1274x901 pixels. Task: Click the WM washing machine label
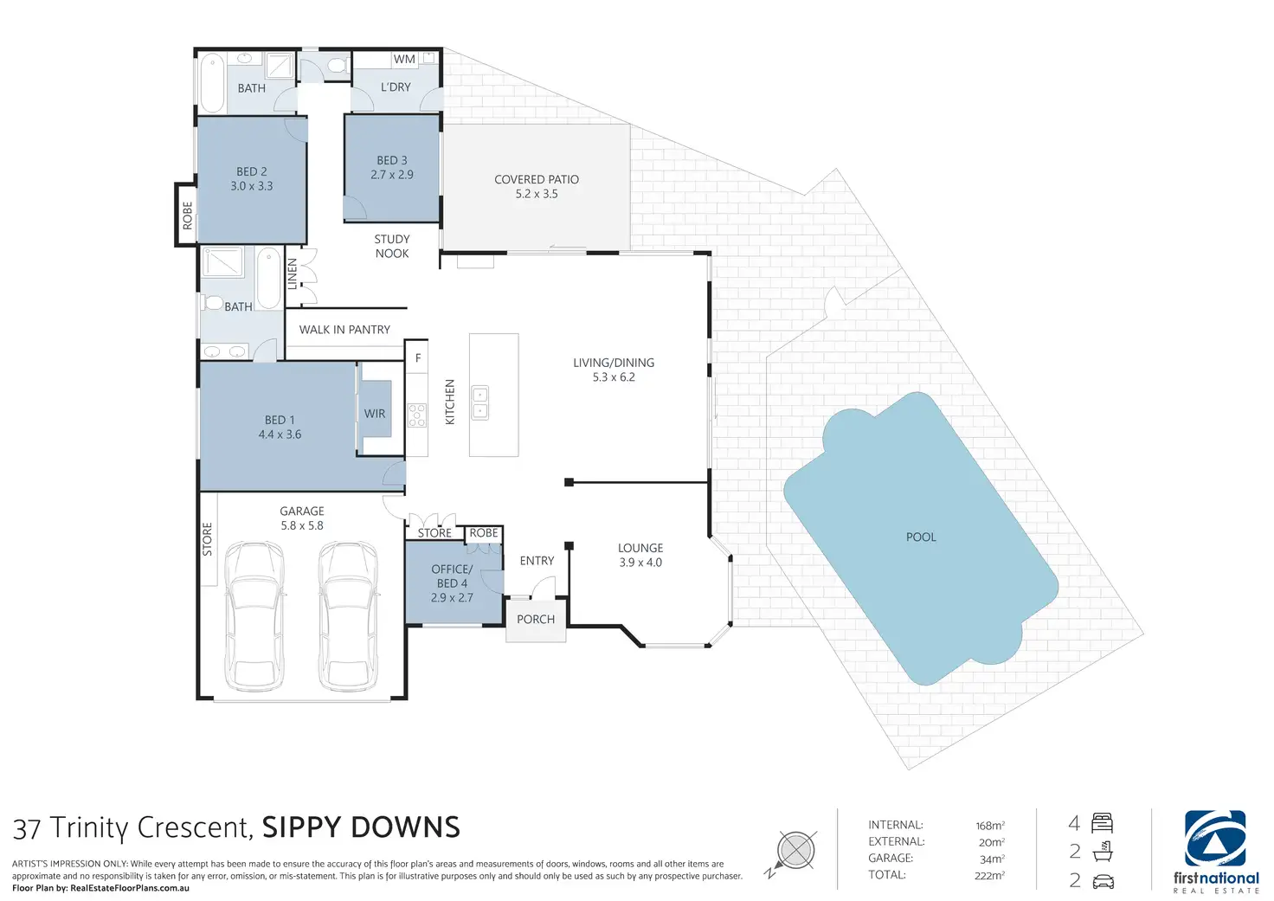pos(404,59)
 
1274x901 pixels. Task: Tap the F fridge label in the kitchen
pos(418,357)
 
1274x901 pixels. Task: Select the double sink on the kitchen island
pos(480,402)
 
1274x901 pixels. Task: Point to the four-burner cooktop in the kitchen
pos(417,415)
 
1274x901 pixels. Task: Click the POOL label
pos(921,537)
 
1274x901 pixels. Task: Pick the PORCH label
pos(536,620)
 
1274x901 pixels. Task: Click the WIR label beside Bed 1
pos(374,414)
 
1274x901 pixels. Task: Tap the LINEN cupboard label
pos(293,274)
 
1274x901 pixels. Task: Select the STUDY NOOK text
pos(392,247)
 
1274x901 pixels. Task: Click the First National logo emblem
pos(1215,838)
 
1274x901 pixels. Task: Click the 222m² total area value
pos(989,875)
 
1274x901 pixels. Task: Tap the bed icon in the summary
pos(1103,823)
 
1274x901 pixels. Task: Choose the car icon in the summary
pos(1103,881)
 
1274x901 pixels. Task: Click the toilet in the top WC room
pos(339,66)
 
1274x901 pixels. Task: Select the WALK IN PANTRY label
pos(344,330)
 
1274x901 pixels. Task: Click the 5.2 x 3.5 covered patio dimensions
pos(537,194)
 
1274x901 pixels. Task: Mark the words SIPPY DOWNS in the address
pos(361,827)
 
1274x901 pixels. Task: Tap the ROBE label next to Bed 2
pos(188,216)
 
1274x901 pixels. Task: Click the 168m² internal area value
pos(990,826)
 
